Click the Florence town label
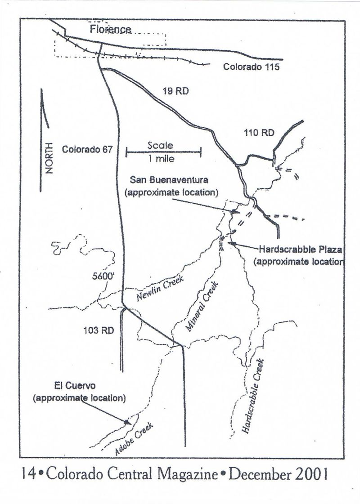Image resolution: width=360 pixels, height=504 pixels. coord(110,30)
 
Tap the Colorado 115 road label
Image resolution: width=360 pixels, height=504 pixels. coord(252,67)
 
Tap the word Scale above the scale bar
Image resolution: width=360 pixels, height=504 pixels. coord(160,146)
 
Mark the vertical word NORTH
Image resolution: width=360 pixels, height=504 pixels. coord(49,158)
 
